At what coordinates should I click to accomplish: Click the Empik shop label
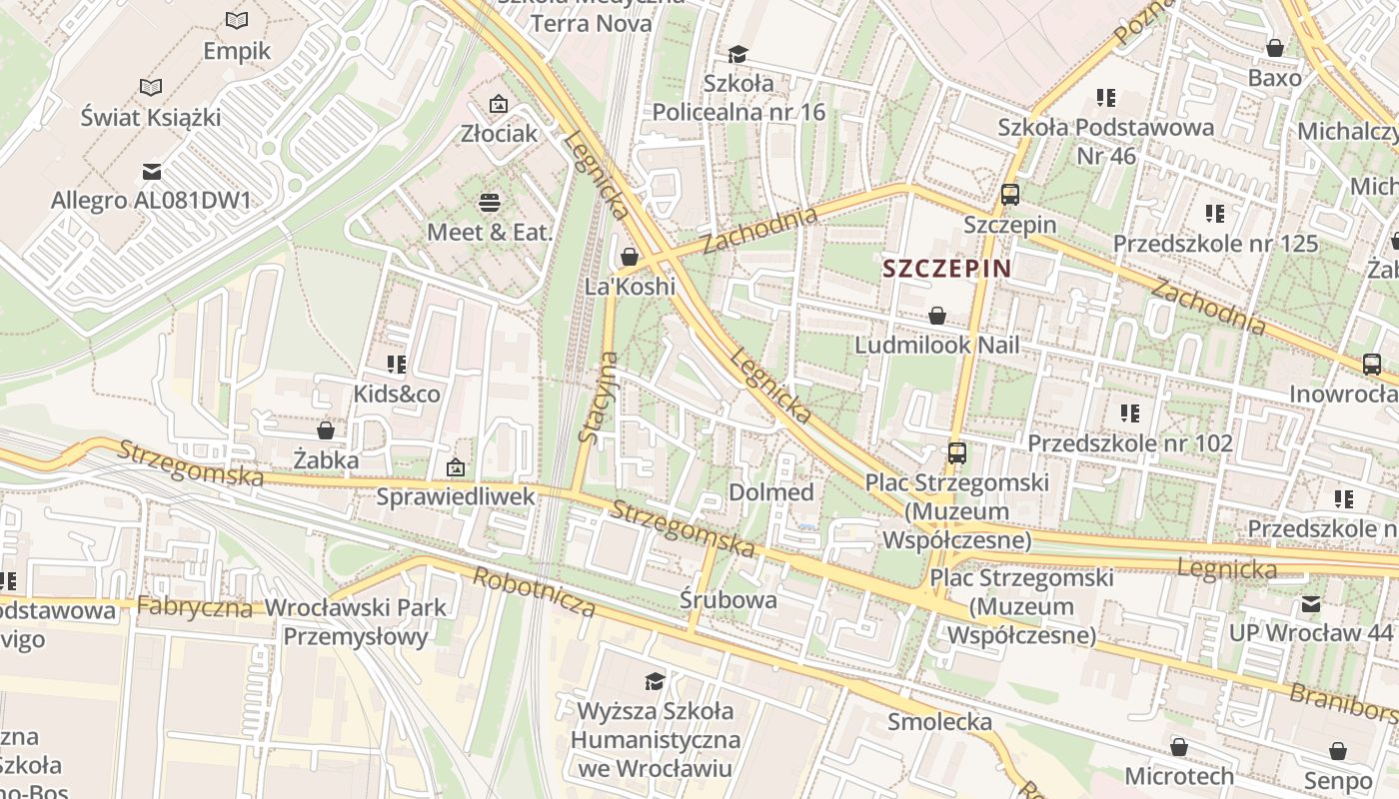tap(237, 50)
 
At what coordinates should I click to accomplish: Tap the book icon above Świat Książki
tap(151, 88)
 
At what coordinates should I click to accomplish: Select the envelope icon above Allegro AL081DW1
tap(151, 172)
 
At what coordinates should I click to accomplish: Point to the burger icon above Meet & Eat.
tap(490, 203)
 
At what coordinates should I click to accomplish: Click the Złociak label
tap(499, 133)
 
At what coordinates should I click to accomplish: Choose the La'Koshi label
tap(630, 287)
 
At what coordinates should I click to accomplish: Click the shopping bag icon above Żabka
tap(326, 430)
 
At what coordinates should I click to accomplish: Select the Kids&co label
tap(397, 395)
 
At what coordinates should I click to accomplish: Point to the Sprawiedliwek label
tap(456, 496)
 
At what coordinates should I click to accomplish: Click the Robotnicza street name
tap(534, 591)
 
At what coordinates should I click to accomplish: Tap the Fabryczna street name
tap(194, 606)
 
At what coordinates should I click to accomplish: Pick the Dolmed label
tap(770, 492)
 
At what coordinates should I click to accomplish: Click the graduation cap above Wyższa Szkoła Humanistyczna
tap(655, 681)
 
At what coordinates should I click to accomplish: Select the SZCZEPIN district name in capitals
tap(947, 268)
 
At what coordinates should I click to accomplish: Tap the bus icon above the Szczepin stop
tap(1010, 195)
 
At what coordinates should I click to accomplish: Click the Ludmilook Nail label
tap(937, 345)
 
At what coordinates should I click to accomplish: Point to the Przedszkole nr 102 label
tap(1129, 442)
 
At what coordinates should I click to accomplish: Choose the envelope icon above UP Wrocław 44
tap(1310, 603)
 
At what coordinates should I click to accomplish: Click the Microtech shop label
tap(1179, 776)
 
